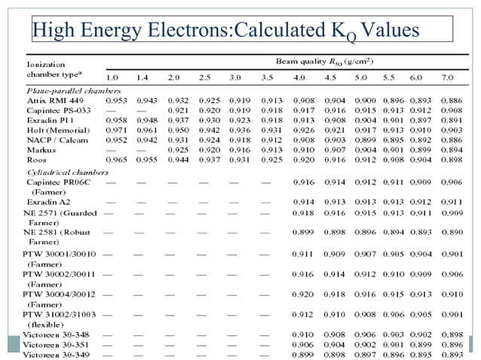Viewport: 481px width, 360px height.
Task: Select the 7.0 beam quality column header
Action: (447, 78)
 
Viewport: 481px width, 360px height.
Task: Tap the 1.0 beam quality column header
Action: (112, 78)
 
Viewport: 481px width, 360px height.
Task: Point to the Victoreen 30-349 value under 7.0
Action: (452, 354)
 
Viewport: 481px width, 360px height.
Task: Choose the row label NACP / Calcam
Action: (56, 140)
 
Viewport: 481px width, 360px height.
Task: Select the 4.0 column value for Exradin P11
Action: (303, 120)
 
